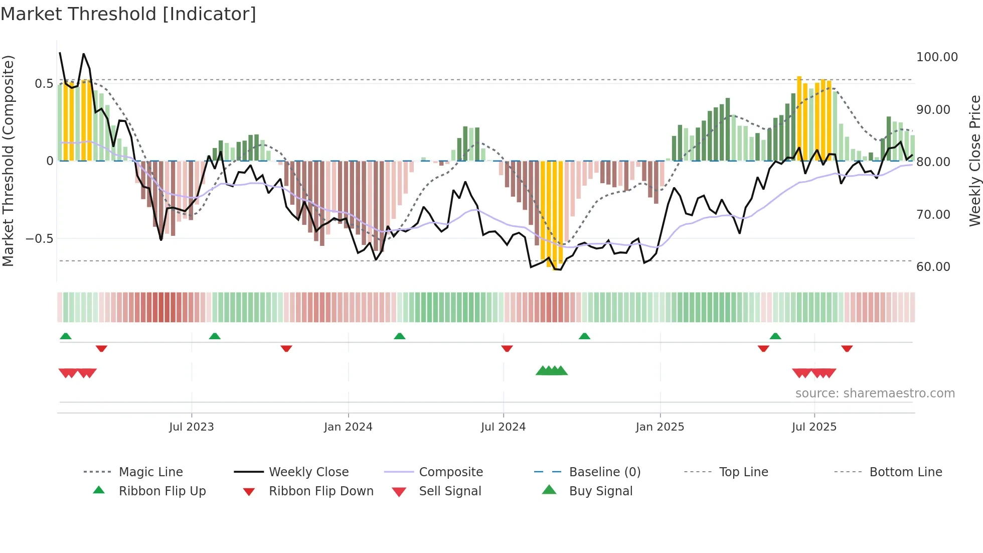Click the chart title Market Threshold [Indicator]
pos(128,14)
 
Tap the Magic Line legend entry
pos(150,472)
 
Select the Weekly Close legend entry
pos(308,472)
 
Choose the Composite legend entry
pos(450,472)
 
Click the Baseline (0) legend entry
pos(604,472)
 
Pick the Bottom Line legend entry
pos(905,472)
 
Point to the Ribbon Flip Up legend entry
pos(162,491)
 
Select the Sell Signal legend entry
pos(450,491)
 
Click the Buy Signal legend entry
pos(600,491)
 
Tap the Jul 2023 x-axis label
pos(191,427)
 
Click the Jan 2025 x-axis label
pos(660,427)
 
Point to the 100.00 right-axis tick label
pos(936,57)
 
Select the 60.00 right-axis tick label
pos(933,267)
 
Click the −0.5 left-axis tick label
pos(40,239)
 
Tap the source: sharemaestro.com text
pos(875,393)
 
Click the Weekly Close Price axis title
pos(974,161)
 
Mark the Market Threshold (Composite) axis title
pos(8,161)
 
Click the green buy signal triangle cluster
pos(551,371)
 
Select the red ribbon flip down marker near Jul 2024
pos(507,348)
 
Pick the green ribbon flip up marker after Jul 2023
pos(215,336)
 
